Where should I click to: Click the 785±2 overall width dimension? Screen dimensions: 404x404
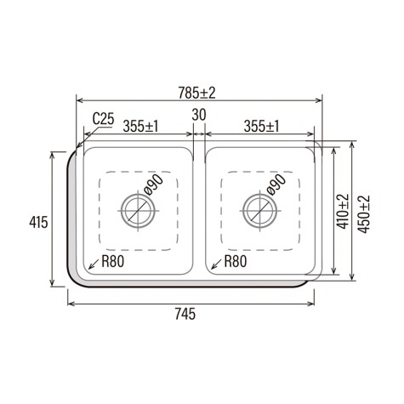(196, 93)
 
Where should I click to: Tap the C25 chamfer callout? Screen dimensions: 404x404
(103, 119)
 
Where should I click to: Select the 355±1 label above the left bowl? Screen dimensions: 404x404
(140, 126)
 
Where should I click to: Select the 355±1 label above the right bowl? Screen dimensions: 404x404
(262, 126)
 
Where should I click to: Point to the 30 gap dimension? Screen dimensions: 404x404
(199, 115)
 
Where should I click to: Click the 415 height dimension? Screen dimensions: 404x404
(38, 222)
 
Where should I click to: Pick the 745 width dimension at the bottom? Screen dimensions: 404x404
(185, 314)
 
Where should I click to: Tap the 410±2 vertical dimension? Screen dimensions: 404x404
(343, 212)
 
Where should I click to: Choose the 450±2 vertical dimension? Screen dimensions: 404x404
(364, 214)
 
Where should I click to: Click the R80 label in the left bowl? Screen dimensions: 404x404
(113, 261)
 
